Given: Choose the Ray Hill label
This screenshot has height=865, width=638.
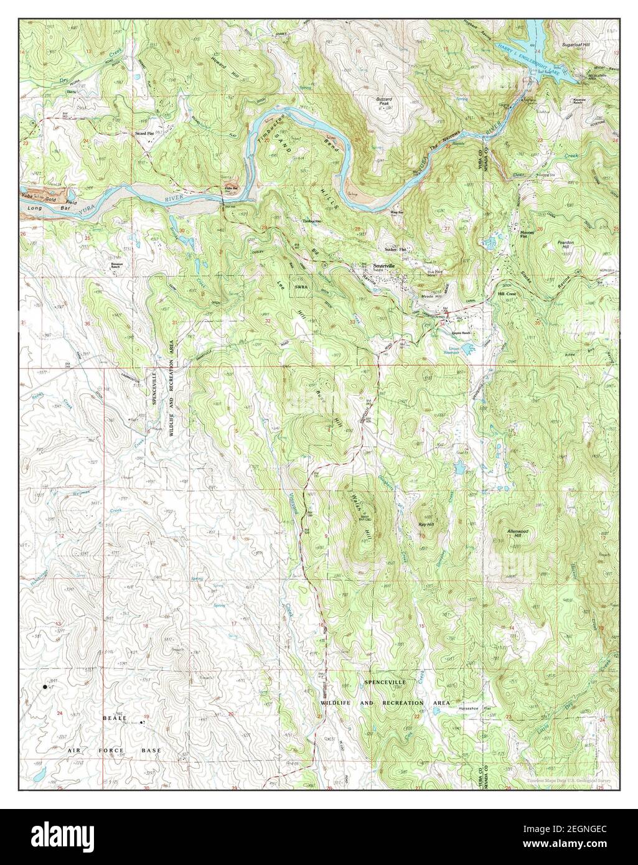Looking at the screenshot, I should click(x=426, y=525).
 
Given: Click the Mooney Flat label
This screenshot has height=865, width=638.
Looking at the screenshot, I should click(x=528, y=235).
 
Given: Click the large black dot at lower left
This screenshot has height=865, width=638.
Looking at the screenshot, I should click(x=44, y=687).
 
